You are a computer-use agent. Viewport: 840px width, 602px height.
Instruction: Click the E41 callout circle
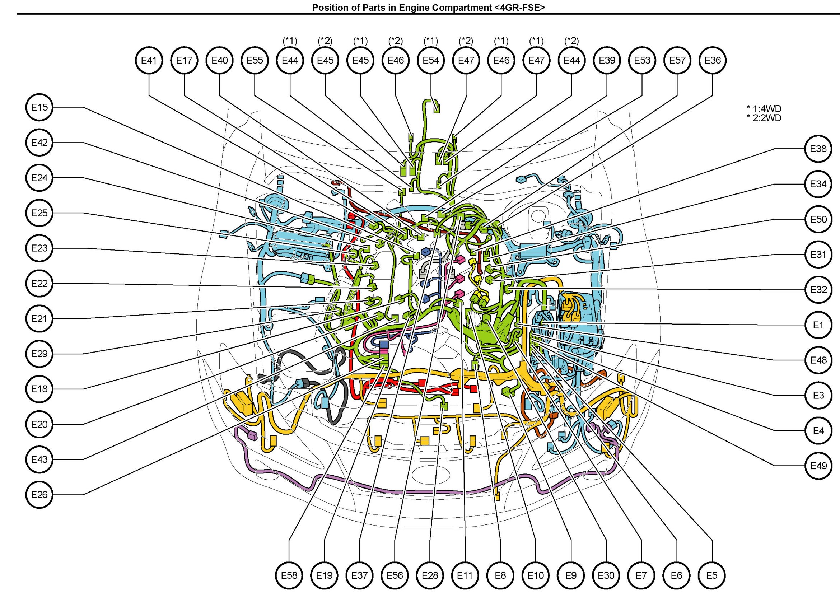click(149, 60)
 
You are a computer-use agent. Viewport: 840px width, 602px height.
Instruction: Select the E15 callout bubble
click(39, 107)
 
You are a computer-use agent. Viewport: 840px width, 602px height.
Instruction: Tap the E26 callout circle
click(39, 495)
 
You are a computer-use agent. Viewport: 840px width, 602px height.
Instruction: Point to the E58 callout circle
click(289, 575)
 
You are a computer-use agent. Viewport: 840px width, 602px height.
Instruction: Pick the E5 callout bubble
click(712, 575)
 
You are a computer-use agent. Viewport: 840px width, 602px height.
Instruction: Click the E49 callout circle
click(818, 466)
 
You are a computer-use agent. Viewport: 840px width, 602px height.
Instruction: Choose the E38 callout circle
click(818, 149)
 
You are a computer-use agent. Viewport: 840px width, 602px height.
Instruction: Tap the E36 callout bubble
click(713, 60)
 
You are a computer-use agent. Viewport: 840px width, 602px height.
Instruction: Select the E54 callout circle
click(431, 60)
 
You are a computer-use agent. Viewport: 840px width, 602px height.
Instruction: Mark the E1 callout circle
click(818, 325)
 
